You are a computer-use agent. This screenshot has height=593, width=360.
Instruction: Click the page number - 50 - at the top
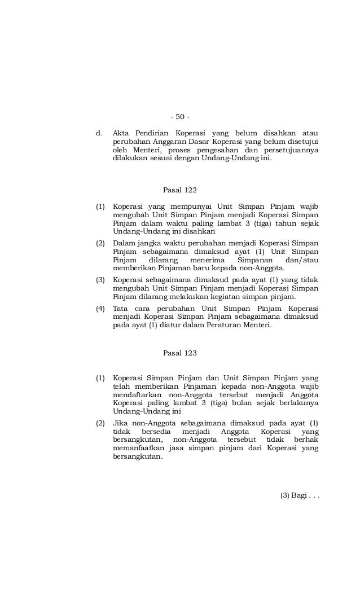click(x=179, y=117)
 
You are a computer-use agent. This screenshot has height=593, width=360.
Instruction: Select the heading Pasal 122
click(x=179, y=190)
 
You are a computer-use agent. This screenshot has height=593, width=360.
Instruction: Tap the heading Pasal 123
click(x=179, y=353)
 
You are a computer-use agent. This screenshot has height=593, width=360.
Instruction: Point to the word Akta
click(x=121, y=134)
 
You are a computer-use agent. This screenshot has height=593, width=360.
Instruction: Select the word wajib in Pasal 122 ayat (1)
click(x=308, y=207)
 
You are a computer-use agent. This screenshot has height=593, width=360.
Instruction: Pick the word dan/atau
click(x=302, y=260)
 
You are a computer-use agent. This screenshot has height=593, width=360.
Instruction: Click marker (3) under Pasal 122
click(x=100, y=279)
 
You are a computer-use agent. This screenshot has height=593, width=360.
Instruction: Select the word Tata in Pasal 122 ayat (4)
click(x=120, y=309)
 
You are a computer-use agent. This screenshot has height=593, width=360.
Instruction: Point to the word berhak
click(x=306, y=440)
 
